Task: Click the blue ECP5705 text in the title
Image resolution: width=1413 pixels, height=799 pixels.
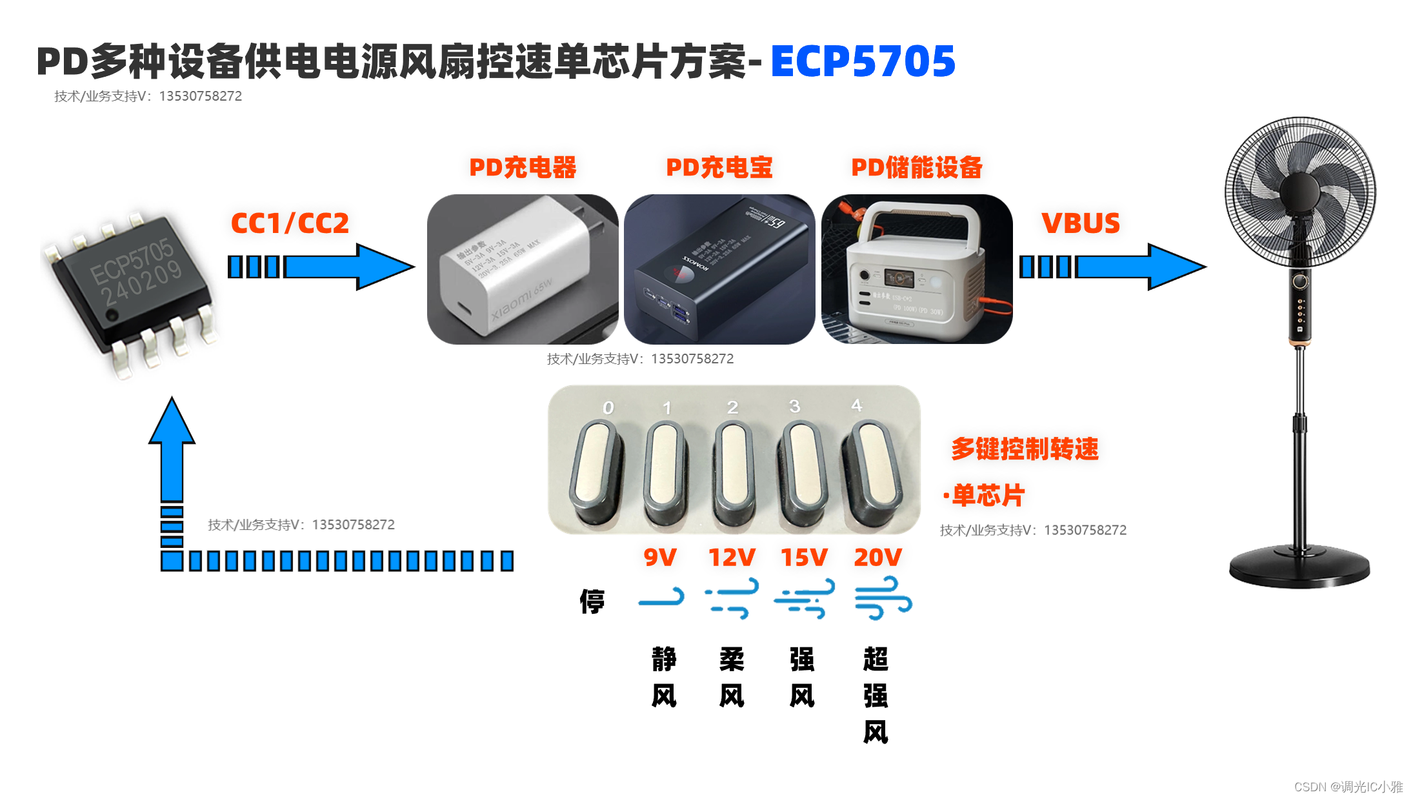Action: click(863, 62)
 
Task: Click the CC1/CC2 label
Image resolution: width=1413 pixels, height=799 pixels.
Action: click(290, 223)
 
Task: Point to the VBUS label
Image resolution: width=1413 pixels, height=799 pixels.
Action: click(1080, 223)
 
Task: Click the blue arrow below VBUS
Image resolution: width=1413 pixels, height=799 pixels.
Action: click(1113, 267)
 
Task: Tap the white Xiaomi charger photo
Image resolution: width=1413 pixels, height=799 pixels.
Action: click(522, 269)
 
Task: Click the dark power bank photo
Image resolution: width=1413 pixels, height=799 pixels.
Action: click(719, 269)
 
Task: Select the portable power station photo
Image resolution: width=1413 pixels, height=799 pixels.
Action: click(916, 269)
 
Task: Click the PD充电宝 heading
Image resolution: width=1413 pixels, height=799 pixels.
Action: click(719, 167)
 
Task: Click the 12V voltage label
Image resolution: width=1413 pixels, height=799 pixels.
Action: click(732, 557)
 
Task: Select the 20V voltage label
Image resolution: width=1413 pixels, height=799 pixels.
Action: click(877, 557)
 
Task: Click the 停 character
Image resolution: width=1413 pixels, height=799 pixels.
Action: click(592, 602)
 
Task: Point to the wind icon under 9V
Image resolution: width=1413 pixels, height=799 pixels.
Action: click(661, 598)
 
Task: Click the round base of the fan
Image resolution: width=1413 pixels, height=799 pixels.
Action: click(1299, 567)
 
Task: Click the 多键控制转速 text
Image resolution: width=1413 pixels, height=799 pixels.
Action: click(1025, 449)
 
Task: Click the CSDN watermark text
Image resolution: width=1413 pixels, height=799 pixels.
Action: click(1348, 787)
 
